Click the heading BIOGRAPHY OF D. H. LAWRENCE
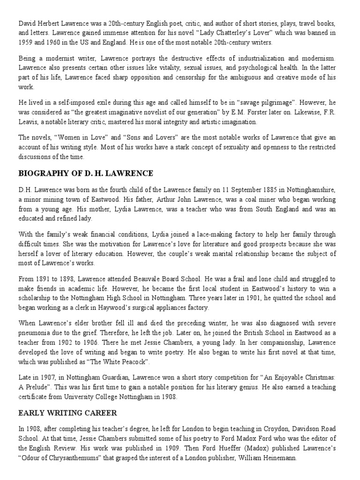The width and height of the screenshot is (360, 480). [x=85, y=173]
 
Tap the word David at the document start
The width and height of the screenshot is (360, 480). [x=27, y=23]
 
